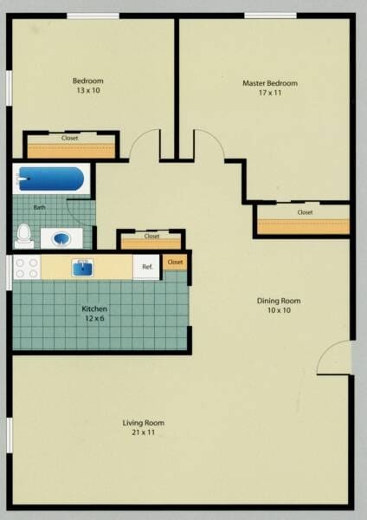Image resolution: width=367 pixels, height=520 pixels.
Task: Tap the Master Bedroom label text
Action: [269, 88]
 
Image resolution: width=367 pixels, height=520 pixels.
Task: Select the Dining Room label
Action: [279, 306]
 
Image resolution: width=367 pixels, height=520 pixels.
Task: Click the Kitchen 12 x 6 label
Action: [94, 314]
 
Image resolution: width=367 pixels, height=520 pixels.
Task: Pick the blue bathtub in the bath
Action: [51, 180]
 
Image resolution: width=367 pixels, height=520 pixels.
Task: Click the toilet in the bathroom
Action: [24, 234]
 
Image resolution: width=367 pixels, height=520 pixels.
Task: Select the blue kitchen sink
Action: [83, 266]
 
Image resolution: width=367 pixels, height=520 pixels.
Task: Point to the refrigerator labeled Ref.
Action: [146, 267]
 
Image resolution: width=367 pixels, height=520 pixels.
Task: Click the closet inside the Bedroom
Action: [70, 145]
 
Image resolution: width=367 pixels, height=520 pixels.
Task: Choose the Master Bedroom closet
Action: [303, 220]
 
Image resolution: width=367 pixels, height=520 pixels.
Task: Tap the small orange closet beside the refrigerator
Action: [175, 262]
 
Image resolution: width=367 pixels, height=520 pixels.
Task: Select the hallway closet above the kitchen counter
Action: [151, 240]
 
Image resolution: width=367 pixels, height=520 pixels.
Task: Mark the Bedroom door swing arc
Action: [145, 144]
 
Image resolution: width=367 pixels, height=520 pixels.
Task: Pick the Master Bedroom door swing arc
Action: [209, 144]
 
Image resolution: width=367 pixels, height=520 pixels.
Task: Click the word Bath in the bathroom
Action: [40, 208]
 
